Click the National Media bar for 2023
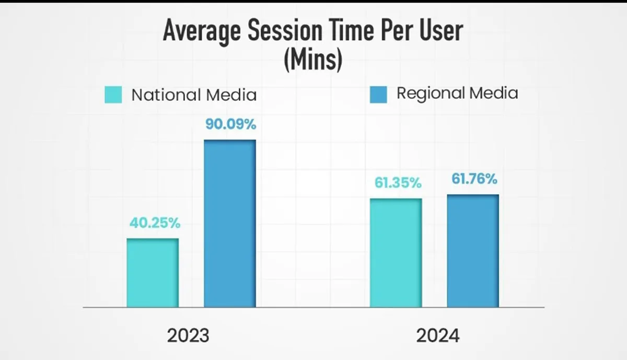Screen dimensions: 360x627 coord(153,273)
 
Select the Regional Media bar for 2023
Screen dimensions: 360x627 coord(230,223)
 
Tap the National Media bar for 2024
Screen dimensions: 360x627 coord(396,252)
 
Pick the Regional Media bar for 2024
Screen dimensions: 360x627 coord(473,251)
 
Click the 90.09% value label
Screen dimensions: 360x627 coord(230,125)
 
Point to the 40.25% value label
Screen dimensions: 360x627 coord(155,223)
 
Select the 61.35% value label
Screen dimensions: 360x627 coord(397,183)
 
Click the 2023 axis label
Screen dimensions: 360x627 coord(188,335)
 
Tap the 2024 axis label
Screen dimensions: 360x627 coord(438,335)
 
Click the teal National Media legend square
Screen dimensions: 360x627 coord(113,95)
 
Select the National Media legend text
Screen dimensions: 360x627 coord(194,95)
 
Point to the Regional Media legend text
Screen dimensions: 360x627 coord(457,94)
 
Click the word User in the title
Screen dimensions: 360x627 coord(440,31)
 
